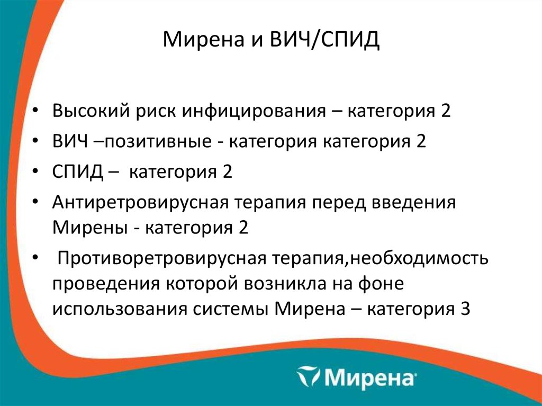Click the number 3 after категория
464,309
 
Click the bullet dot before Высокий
34,113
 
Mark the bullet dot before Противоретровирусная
34,258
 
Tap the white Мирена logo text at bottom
369,378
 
